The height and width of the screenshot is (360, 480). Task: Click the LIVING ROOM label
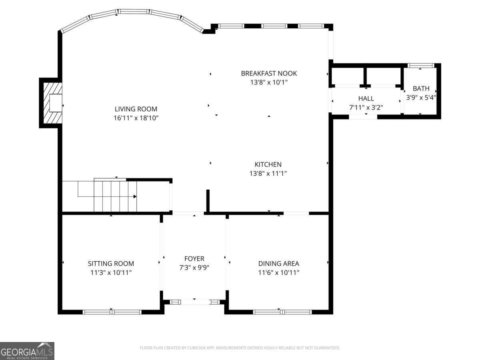pyautogui.click(x=136, y=109)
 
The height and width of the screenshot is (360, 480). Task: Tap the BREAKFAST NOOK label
pyautogui.click(x=269, y=73)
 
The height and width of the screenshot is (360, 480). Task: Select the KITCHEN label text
pyautogui.click(x=268, y=164)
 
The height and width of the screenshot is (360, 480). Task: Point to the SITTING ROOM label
pyautogui.click(x=111, y=264)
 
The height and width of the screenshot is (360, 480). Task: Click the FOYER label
pyautogui.click(x=194, y=259)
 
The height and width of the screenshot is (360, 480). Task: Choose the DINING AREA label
pyautogui.click(x=278, y=264)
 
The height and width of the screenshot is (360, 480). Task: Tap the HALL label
pyautogui.click(x=366, y=98)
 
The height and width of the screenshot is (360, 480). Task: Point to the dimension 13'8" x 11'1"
pyautogui.click(x=268, y=173)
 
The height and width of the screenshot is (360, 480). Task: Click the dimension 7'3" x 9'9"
pyautogui.click(x=194, y=268)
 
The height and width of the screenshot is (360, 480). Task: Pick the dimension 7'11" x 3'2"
pyautogui.click(x=366, y=107)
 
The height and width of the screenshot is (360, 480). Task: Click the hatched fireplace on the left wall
pyautogui.click(x=52, y=103)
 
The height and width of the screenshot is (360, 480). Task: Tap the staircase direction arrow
pyautogui.click(x=134, y=196)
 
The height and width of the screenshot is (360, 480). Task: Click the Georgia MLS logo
pyautogui.click(x=27, y=351)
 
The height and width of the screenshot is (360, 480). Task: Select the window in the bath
pyautogui.click(x=420, y=66)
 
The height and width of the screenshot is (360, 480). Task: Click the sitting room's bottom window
pyautogui.click(x=112, y=312)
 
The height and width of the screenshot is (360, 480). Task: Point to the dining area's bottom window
pyautogui.click(x=282, y=312)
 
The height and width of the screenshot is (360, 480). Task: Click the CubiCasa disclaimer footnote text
pyautogui.click(x=240, y=348)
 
